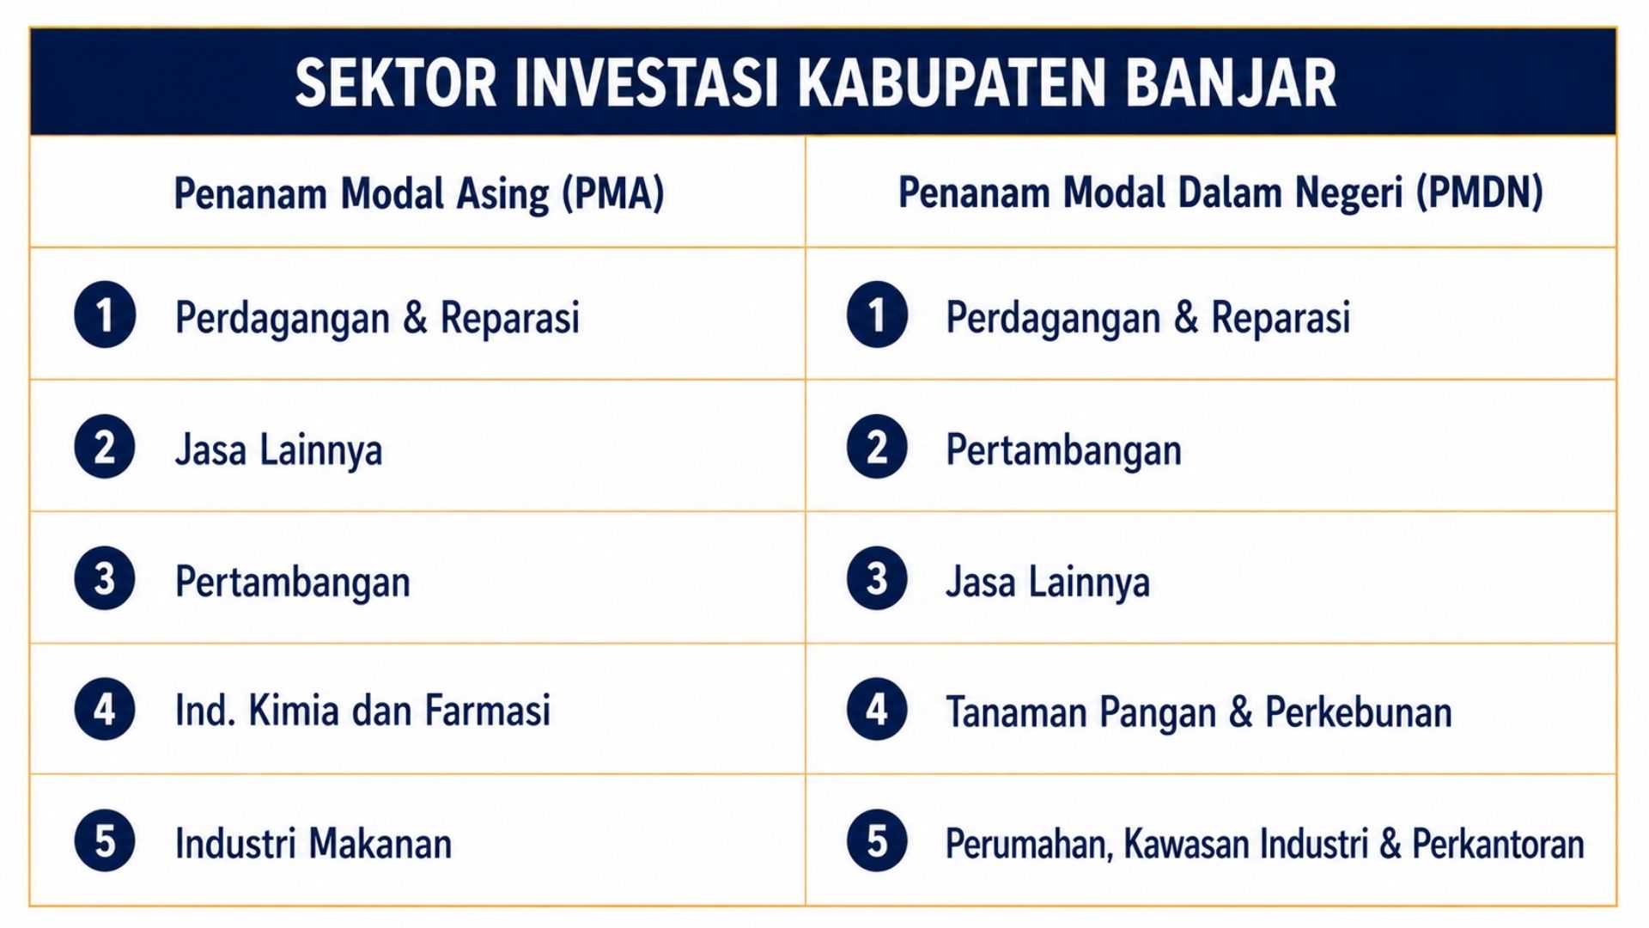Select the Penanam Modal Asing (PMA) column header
tap(419, 193)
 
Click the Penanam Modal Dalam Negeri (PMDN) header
tap(1220, 193)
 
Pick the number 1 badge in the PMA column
tap(105, 314)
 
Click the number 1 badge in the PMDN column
tap(877, 314)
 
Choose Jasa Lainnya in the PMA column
tap(278, 449)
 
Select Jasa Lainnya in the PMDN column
tap(1048, 582)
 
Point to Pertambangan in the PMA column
tap(293, 582)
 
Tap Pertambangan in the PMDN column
tap(1063, 449)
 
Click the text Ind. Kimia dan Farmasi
tap(362, 711)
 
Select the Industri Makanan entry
tap(313, 843)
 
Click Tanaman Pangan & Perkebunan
tap(1199, 712)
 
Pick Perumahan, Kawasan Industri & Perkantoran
tap(1265, 844)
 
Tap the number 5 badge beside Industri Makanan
tap(105, 840)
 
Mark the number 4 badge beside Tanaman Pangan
tap(877, 709)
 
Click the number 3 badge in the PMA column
tap(105, 578)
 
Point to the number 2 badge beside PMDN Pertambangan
tap(877, 447)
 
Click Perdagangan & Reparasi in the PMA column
tap(378, 318)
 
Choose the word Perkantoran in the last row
tap(1499, 843)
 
